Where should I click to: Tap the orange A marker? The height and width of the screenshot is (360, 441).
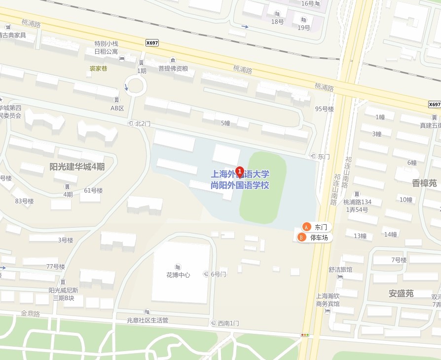click(306, 227)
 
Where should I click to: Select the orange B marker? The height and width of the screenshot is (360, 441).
click(302, 238)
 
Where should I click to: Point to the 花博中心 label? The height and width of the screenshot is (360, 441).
click(178, 275)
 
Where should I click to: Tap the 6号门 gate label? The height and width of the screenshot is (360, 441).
click(218, 274)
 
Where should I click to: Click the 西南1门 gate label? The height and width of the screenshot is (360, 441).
click(228, 323)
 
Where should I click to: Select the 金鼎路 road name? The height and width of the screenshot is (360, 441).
click(30, 314)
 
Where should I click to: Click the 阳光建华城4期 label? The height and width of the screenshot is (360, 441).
click(77, 167)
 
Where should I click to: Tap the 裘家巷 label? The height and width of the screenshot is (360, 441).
click(98, 68)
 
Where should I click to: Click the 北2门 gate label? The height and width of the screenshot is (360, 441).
click(143, 123)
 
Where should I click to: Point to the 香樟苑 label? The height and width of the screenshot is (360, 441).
click(424, 183)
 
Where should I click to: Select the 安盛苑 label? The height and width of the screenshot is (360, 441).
click(401, 293)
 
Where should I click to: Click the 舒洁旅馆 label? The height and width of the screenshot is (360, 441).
click(340, 270)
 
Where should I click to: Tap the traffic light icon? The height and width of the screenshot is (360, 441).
click(305, 335)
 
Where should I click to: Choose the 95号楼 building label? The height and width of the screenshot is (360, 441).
click(325, 109)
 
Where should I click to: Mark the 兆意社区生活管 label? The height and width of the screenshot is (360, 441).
click(147, 320)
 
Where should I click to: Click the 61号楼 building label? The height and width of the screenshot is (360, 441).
click(93, 190)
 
